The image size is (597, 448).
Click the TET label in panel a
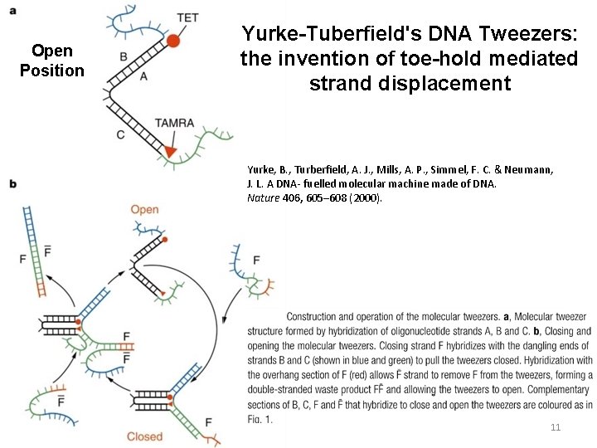(x=187, y=17)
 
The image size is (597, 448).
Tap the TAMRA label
(x=174, y=123)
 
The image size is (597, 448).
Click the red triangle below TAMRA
(x=170, y=151)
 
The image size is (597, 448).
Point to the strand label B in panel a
(x=123, y=56)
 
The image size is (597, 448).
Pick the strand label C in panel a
(x=121, y=134)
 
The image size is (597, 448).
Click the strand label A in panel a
(x=143, y=75)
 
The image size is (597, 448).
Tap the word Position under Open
(x=52, y=71)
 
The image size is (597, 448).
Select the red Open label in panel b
(x=144, y=209)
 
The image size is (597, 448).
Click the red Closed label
(x=144, y=436)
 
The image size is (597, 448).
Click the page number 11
(x=556, y=427)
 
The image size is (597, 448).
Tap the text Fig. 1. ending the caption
(x=260, y=419)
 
